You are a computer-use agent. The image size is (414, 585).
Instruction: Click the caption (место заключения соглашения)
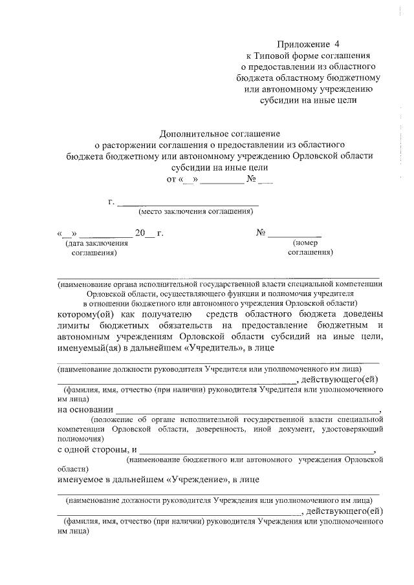[x=195, y=211]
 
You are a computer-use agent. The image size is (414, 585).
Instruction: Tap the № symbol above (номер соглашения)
[x=262, y=233]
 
